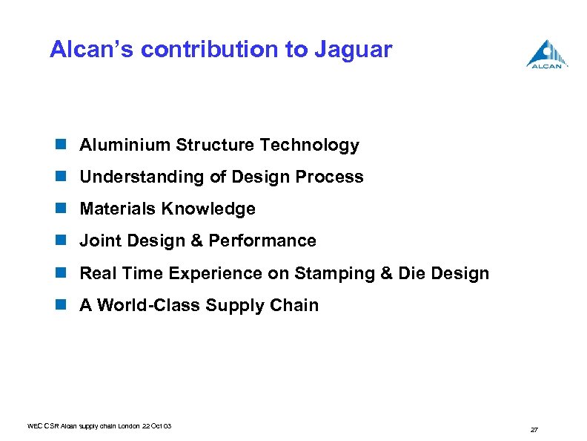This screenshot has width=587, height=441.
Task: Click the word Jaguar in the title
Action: [353, 50]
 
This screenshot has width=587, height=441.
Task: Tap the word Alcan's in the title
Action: [91, 50]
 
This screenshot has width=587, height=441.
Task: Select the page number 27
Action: [534, 430]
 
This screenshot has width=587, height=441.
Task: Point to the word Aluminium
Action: [125, 145]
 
